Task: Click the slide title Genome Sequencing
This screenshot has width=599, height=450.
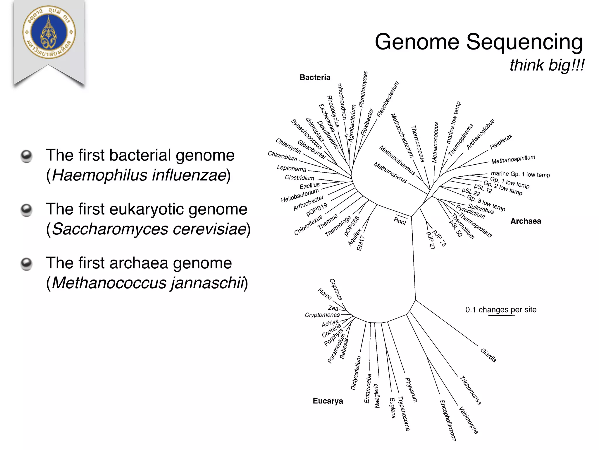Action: point(479,42)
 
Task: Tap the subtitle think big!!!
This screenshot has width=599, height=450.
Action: point(547,65)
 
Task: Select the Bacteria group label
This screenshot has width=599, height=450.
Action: point(315,78)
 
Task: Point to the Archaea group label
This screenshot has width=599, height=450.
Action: point(526,221)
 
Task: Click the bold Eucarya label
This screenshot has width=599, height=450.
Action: point(328,401)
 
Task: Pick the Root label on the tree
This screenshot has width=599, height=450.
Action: point(400,221)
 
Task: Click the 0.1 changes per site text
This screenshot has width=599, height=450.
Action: point(501,310)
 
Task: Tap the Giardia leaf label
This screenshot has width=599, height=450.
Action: point(488,355)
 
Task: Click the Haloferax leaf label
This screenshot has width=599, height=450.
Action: point(501,142)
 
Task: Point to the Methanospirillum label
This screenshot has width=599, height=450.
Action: point(513,160)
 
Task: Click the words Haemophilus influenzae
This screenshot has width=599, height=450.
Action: point(139,175)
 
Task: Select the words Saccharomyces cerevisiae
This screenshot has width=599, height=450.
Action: point(149,229)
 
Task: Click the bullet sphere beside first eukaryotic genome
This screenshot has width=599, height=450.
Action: point(26,210)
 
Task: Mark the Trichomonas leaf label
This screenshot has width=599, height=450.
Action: point(471,390)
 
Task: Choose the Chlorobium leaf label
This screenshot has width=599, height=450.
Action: point(282,156)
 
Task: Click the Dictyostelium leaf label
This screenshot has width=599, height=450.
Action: point(356,373)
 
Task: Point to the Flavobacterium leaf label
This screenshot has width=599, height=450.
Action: point(388,100)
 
